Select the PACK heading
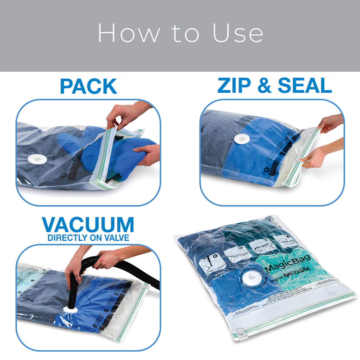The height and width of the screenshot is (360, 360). (x=88, y=86)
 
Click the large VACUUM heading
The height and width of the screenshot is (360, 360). (x=88, y=224)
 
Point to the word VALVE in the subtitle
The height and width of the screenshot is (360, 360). (x=117, y=237)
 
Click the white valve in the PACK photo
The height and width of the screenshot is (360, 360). (x=35, y=159)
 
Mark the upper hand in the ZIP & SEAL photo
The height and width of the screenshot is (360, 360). (x=329, y=122)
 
